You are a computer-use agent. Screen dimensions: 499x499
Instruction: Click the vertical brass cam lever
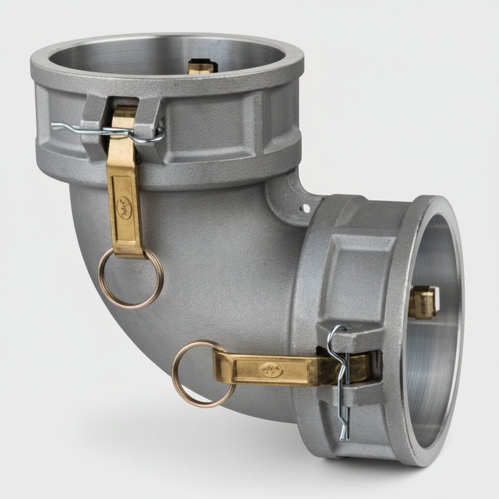coord(125,187)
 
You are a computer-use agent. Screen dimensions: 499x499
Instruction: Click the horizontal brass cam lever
coord(281,368)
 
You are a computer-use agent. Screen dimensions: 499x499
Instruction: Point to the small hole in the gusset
coord(305,208)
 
